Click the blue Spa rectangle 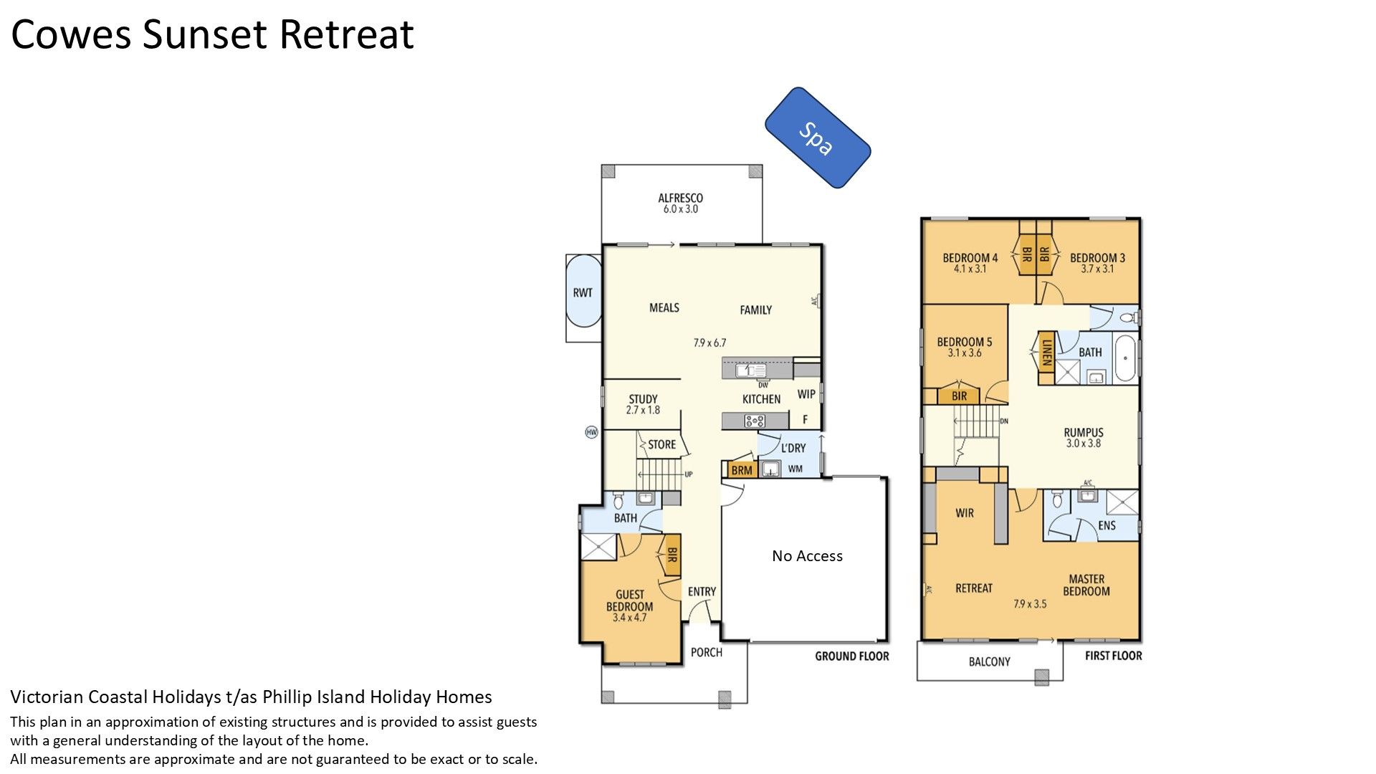click(x=818, y=138)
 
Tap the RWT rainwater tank click(x=583, y=292)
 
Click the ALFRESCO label click(x=681, y=198)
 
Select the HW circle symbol click(x=591, y=432)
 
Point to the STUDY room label click(x=643, y=399)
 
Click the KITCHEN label click(x=761, y=399)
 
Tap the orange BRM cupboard click(x=742, y=470)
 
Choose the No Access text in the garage click(x=807, y=556)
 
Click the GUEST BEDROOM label click(x=630, y=600)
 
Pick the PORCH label click(x=706, y=652)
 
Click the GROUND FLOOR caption click(x=851, y=656)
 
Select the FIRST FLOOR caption click(x=1113, y=656)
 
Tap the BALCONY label click(x=989, y=661)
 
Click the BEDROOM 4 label click(x=970, y=258)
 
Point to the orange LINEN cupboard click(x=1046, y=353)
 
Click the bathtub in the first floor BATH click(x=1124, y=358)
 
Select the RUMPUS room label click(x=1083, y=432)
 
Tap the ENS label click(x=1107, y=525)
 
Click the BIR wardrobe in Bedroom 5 click(x=960, y=396)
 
